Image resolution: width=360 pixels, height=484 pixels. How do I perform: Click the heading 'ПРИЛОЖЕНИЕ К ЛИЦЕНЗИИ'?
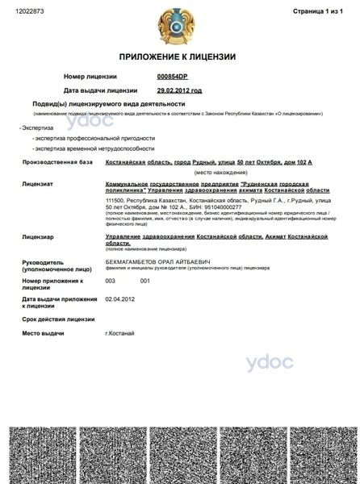click(178, 57)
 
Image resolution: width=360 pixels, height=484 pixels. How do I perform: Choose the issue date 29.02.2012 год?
click(179, 90)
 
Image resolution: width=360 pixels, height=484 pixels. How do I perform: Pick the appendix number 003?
click(111, 281)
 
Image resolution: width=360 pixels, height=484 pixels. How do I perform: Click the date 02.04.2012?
click(120, 298)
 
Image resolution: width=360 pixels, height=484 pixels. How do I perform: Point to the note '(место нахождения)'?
click(213, 173)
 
